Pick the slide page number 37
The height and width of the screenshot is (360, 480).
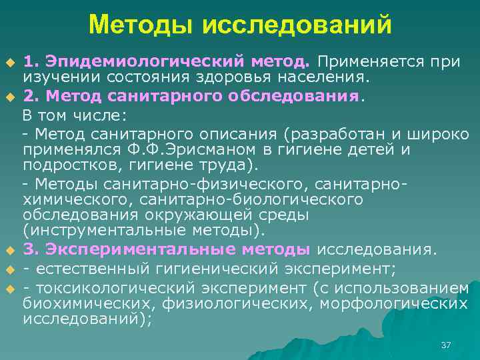[447, 345]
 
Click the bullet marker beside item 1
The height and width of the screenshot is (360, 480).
[10, 63]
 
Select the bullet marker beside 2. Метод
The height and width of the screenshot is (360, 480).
[10, 97]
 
